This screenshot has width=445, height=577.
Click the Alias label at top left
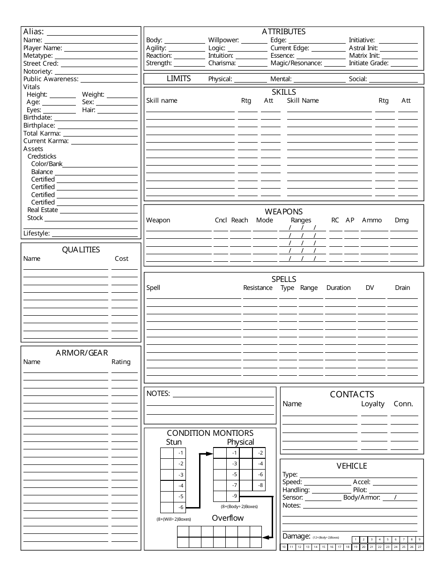pyautogui.click(x=34, y=32)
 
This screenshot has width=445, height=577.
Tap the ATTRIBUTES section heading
pyautogui.click(x=283, y=32)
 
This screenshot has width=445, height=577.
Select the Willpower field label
pyautogui.click(x=223, y=40)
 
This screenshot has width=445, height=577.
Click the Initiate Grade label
pyautogui.click(x=369, y=63)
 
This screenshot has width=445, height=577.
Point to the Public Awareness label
pyautogui.click(x=51, y=79)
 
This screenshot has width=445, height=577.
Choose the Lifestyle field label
pyautogui.click(x=37, y=233)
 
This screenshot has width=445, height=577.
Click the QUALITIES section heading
pyautogui.click(x=81, y=250)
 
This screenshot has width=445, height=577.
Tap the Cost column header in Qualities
pyautogui.click(x=121, y=258)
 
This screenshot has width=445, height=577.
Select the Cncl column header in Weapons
pyautogui.click(x=221, y=220)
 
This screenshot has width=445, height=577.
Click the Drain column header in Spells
pyautogui.click(x=402, y=288)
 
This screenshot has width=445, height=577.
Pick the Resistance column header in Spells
pyautogui.click(x=258, y=288)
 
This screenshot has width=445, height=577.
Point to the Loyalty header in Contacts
pyautogui.click(x=372, y=404)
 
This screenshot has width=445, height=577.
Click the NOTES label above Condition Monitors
pyautogui.click(x=158, y=394)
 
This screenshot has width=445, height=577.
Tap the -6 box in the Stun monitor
pyautogui.click(x=180, y=508)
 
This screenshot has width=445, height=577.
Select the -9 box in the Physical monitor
pyautogui.click(x=234, y=496)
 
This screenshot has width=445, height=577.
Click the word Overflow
pyautogui.click(x=228, y=518)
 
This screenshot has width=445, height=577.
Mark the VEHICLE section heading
pyautogui.click(x=351, y=466)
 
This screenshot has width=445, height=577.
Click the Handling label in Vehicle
pyautogui.click(x=296, y=490)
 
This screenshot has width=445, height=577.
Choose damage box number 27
pyautogui.click(x=419, y=547)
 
